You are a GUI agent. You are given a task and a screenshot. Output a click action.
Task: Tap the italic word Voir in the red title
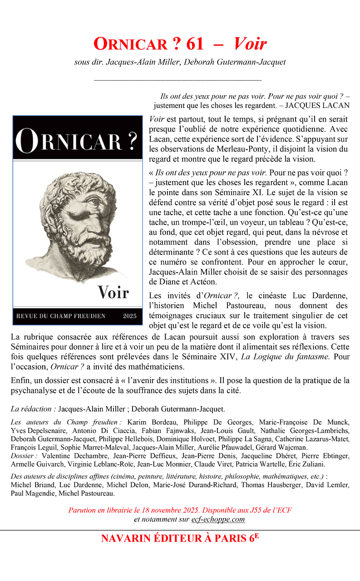[x=250, y=44]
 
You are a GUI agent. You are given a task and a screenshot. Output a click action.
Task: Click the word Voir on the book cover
[x=113, y=292]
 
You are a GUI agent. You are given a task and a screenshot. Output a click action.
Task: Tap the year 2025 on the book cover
[x=130, y=316]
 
